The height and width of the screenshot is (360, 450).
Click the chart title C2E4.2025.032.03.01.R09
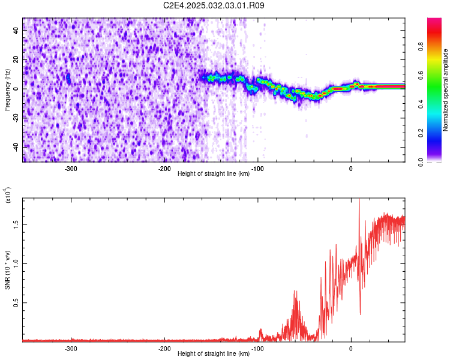(214, 5)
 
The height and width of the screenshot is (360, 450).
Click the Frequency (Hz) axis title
(7, 90)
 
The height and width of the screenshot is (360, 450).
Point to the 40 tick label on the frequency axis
(16, 30)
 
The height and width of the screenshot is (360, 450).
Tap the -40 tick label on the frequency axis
(16, 147)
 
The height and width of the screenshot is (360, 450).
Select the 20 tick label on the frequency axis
(16, 59)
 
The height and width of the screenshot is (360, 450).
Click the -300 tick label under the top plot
(71, 169)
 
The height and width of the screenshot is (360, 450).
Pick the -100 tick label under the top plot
(257, 169)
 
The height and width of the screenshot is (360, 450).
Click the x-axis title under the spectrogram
(214, 173)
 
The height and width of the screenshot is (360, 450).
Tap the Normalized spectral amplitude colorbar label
(445, 90)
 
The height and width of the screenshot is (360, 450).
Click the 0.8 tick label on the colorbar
(421, 46)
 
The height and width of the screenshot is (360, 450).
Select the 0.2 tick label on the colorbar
(421, 133)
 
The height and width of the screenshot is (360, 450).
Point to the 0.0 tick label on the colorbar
(421, 163)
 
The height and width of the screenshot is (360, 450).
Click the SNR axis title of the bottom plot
(7, 270)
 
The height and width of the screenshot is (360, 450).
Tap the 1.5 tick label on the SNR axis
(16, 224)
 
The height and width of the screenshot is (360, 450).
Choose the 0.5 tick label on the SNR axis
(16, 302)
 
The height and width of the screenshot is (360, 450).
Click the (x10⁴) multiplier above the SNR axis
(8, 196)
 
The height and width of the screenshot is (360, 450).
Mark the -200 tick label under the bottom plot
(164, 349)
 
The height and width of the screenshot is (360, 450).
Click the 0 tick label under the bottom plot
(351, 349)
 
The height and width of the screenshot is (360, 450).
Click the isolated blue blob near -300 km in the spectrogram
(68, 78)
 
